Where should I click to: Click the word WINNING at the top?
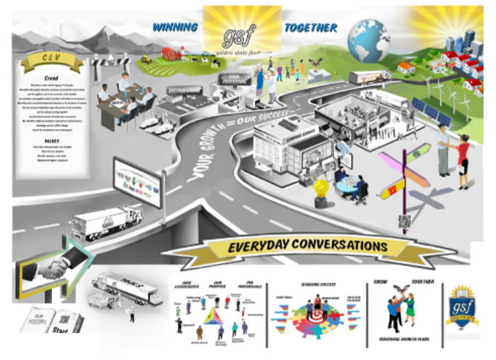(x=175, y=28)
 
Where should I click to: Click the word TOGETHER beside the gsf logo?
(x=310, y=28)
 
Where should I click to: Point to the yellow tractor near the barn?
(x=146, y=60)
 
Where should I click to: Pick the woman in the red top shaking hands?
(x=463, y=160)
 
